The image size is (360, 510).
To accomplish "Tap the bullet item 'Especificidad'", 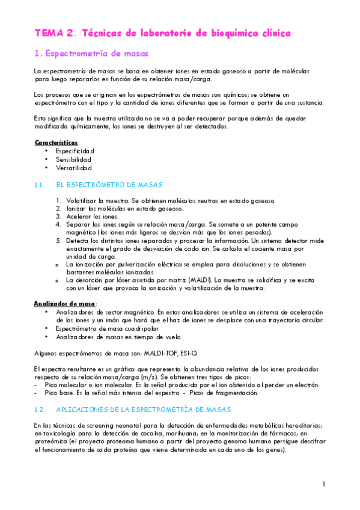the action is [x=75, y=150].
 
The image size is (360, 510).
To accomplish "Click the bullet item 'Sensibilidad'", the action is [x=73, y=160].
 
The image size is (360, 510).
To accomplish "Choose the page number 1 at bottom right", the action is [x=323, y=484].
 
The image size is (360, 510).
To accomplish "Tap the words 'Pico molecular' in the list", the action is [x=67, y=384].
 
